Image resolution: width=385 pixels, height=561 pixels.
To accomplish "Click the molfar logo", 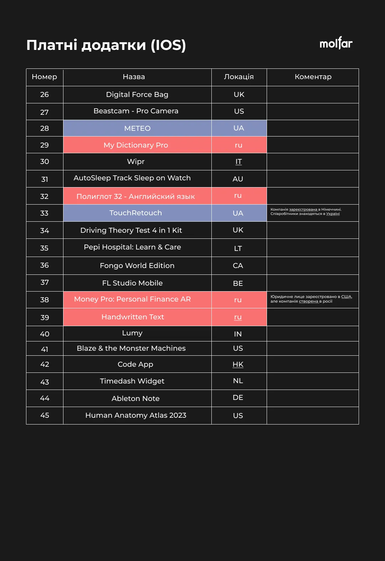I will [x=336, y=43].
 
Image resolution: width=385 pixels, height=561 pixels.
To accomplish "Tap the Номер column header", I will [x=45, y=77].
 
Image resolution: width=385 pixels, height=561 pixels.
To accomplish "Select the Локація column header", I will [x=239, y=77].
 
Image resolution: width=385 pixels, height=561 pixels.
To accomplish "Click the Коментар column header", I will [x=313, y=77].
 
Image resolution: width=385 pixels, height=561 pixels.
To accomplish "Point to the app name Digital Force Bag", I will [x=137, y=95].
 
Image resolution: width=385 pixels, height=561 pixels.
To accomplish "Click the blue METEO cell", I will [x=137, y=128].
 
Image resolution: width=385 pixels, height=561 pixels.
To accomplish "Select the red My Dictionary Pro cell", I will [x=136, y=145].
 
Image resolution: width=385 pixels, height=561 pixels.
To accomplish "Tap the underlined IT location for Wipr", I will [x=238, y=162].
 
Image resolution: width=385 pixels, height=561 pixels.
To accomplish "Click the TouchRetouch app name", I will [x=136, y=213].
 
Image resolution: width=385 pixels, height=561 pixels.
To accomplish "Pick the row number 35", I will [x=44, y=248].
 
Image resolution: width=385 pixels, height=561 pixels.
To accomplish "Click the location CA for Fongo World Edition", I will [x=238, y=266].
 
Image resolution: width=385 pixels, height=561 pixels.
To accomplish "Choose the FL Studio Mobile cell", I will [x=133, y=283].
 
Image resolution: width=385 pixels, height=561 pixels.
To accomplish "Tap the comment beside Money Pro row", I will [x=311, y=299].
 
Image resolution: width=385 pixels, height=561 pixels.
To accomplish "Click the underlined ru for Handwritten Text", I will [x=238, y=317].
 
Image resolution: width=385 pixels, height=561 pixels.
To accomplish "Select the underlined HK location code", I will [x=238, y=364].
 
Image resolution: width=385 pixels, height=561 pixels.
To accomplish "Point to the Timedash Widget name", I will [x=132, y=381].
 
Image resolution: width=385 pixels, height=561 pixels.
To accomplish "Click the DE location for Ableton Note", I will [x=238, y=398].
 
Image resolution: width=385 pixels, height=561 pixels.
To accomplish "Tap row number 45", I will [x=45, y=416].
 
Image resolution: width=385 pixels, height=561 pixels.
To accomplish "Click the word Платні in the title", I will [x=52, y=45].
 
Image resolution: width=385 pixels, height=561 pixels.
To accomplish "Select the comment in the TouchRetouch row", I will [x=306, y=212].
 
